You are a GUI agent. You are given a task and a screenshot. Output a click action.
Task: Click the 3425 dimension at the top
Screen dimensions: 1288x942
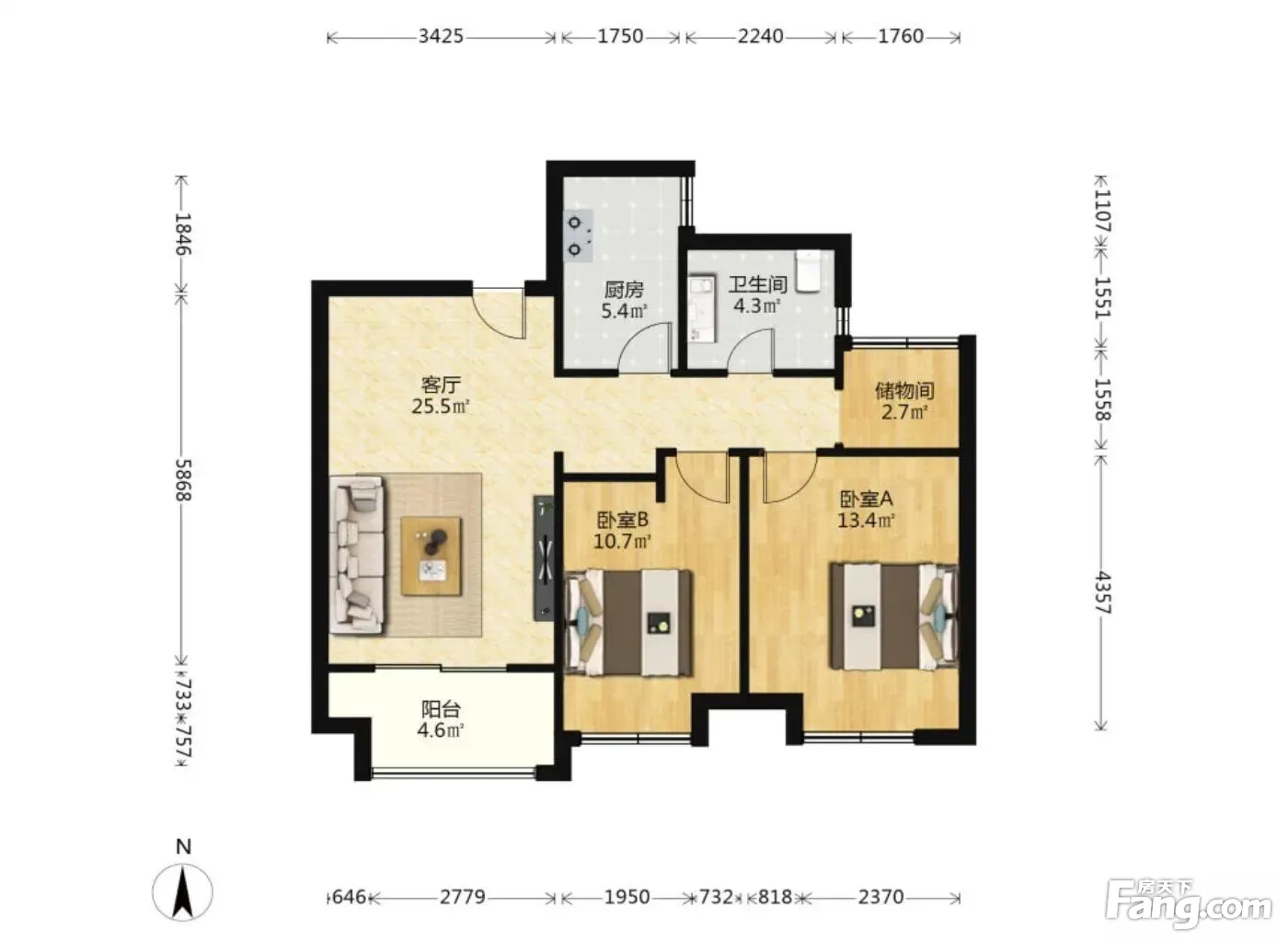[441, 37]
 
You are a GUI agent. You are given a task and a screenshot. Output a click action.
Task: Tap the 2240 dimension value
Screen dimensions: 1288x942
[760, 37]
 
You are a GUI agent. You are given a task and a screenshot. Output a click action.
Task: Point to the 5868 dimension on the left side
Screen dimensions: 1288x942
[183, 479]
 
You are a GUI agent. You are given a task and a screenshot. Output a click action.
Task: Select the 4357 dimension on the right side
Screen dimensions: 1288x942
[1103, 593]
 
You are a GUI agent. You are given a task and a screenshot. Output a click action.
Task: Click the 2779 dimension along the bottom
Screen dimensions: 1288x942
[463, 897]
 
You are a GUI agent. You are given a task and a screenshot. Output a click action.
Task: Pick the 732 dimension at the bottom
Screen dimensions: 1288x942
[716, 897]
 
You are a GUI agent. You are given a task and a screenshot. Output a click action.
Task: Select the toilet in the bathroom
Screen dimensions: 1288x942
[808, 271]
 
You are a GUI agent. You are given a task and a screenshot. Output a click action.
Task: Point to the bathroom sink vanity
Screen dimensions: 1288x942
[701, 308]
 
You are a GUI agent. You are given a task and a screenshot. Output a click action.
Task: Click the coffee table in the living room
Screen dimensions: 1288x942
[431, 557]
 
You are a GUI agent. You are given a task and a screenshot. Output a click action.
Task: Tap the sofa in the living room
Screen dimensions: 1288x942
[357, 555]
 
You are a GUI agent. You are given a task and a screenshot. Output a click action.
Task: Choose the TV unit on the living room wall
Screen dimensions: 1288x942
[544, 557]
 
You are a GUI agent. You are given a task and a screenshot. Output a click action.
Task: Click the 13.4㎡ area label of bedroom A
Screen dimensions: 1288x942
[866, 521]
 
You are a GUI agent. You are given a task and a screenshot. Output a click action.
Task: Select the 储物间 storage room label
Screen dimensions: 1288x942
[904, 391]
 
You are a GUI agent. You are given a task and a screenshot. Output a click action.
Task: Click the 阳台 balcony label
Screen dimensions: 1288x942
[441, 709]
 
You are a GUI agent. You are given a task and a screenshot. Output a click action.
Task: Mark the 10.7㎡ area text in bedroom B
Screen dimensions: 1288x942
[622, 541]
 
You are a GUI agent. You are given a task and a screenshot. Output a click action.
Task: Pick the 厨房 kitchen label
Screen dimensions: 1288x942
[624, 290]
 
